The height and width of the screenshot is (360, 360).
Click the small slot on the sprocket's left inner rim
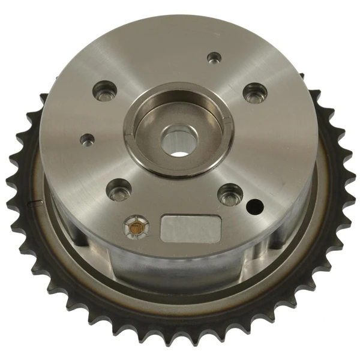[x=34, y=204]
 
